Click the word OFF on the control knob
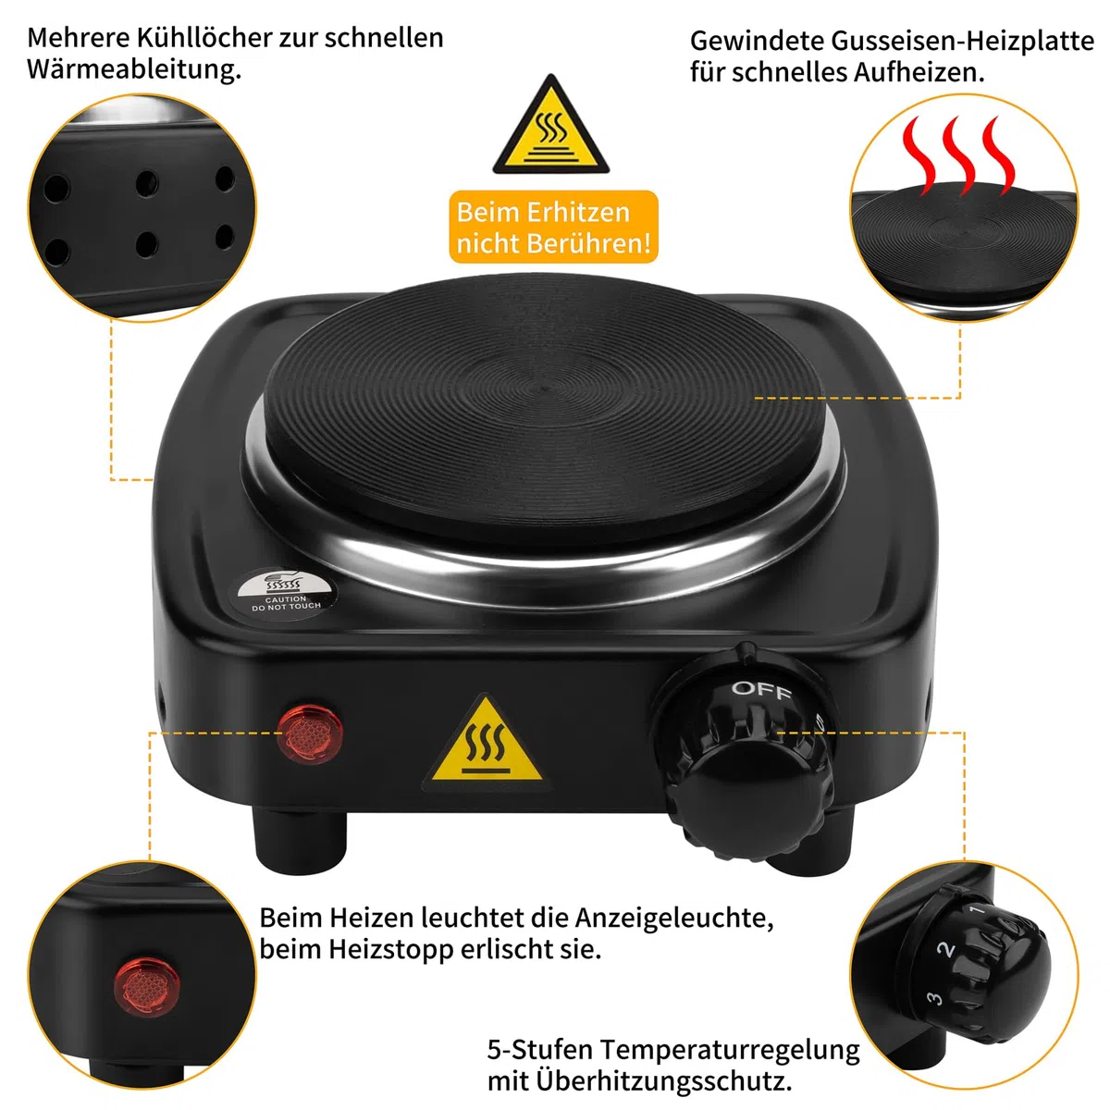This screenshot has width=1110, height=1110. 761,690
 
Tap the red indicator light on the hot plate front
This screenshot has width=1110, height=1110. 309,734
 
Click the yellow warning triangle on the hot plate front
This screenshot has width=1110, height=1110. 487,741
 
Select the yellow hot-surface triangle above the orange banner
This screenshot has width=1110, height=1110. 550,125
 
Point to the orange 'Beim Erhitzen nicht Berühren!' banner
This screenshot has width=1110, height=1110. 553,227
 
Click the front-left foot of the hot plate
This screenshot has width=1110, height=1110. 301,842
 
